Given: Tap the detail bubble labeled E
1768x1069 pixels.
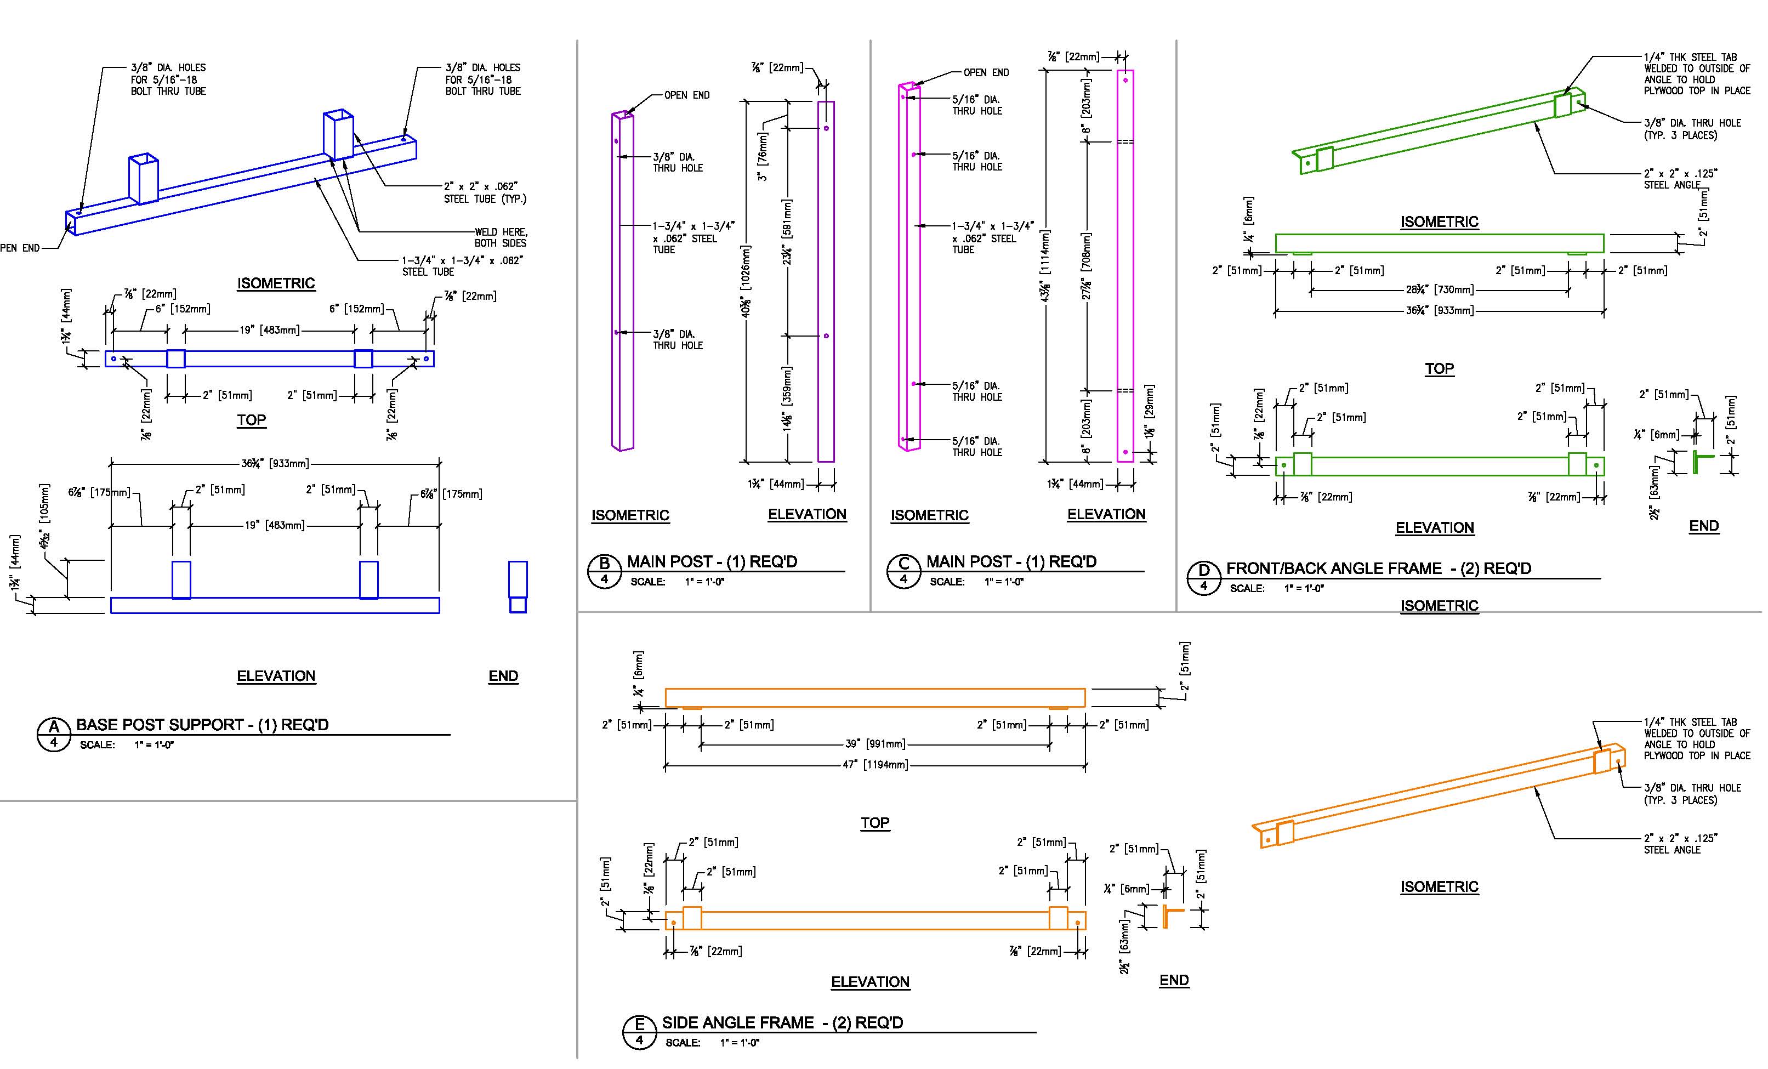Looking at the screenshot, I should pos(639,1032).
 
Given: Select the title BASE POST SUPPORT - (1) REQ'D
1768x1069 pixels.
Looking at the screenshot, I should pos(202,725).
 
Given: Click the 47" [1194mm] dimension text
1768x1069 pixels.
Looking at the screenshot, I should pos(874,765).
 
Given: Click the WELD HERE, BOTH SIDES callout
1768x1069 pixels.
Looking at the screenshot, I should pos(501,237).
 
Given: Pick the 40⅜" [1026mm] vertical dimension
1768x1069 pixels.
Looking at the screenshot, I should pos(746,281).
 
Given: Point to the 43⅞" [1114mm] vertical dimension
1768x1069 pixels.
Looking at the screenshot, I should pos(1045,265).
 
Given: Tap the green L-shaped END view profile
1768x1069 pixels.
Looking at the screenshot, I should pos(1701,462).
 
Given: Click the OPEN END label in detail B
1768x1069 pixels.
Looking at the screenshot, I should pos(687,95).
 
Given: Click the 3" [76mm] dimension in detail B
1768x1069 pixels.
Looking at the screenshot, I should pos(762,156).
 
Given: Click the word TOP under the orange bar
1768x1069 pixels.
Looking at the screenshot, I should pos(874,823).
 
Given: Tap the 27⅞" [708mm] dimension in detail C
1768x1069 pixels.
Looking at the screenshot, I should pos(1087,265).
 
